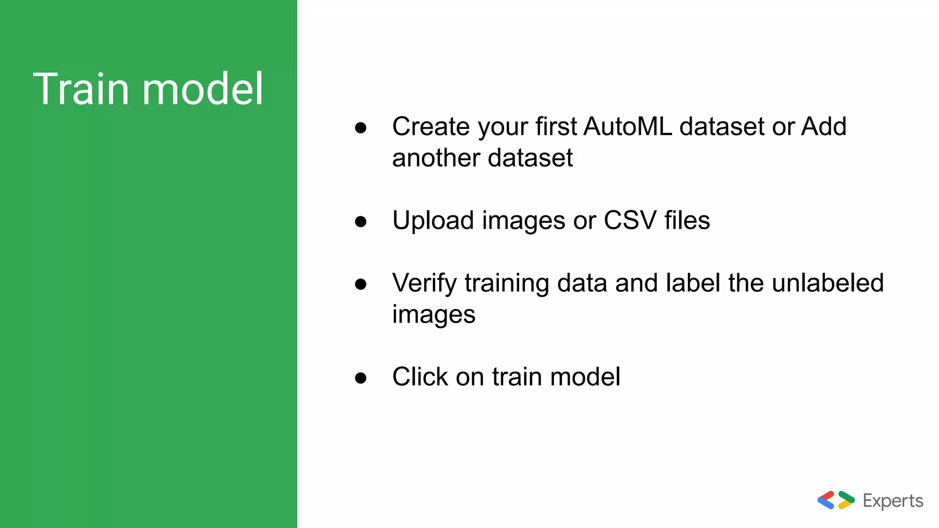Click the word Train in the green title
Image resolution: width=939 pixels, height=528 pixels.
point(81,89)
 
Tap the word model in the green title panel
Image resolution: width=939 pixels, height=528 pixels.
point(203,89)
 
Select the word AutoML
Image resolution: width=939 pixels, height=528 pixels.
point(628,126)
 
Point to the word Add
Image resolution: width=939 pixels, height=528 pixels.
point(823,126)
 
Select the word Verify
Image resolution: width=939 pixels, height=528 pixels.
point(424,283)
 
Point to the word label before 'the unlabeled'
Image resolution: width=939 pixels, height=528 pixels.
point(693,283)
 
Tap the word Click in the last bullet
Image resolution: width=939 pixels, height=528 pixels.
point(420,377)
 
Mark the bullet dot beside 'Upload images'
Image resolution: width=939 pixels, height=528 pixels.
point(361,222)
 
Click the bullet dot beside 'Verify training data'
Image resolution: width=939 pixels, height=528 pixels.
point(361,284)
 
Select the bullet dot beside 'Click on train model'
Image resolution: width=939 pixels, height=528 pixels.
point(361,378)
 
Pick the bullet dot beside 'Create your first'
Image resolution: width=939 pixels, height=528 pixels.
point(361,128)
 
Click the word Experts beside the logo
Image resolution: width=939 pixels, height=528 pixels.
point(893,501)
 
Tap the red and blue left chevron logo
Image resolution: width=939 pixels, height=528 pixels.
point(826,500)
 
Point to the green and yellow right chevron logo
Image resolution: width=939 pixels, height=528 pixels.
point(846,500)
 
